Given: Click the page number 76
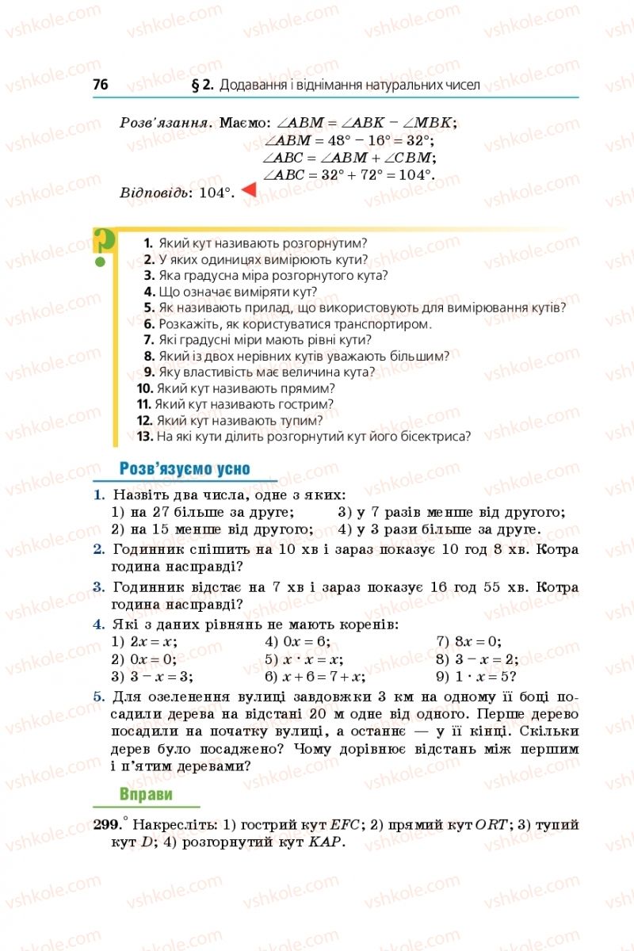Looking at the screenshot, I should (x=100, y=84).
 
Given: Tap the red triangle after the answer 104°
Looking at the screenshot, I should (x=248, y=191).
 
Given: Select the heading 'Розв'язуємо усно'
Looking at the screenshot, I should (x=184, y=468).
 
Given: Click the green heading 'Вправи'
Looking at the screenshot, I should (x=146, y=794).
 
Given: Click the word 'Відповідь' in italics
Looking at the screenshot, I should (x=155, y=193).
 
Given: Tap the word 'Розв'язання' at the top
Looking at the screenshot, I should (x=165, y=123).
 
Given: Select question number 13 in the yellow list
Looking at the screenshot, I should (x=144, y=435).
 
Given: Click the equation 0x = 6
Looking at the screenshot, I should (x=297, y=642).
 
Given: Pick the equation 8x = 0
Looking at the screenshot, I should (x=468, y=642).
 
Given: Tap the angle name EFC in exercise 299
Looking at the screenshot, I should (x=345, y=825).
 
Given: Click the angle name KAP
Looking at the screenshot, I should (x=325, y=842).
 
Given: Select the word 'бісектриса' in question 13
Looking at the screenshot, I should (x=433, y=435).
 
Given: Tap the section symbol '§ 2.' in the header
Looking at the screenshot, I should (x=203, y=84).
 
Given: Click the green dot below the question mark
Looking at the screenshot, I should (x=101, y=261).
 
